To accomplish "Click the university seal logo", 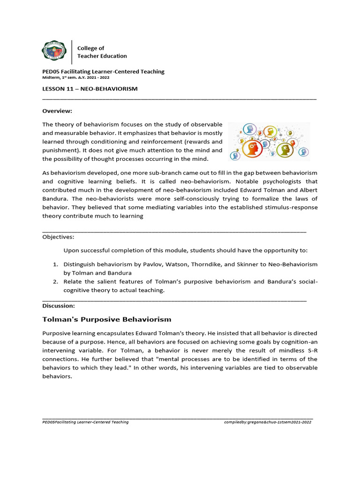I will tap(55, 52).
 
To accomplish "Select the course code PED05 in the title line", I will tap(51, 72).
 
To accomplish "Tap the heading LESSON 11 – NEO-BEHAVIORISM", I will tap(90, 89).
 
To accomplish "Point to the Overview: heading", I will tap(57, 111).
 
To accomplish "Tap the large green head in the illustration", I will tap(285, 150).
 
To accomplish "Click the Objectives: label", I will tap(58, 237).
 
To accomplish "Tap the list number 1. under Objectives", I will tap(55, 264).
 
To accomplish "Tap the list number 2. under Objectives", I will tap(55, 281).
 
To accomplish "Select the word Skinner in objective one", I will tap(251, 264).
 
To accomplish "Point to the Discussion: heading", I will tap(59, 306).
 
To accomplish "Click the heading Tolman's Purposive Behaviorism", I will tap(107, 319).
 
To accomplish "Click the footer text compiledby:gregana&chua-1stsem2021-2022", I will tap(268, 422).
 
